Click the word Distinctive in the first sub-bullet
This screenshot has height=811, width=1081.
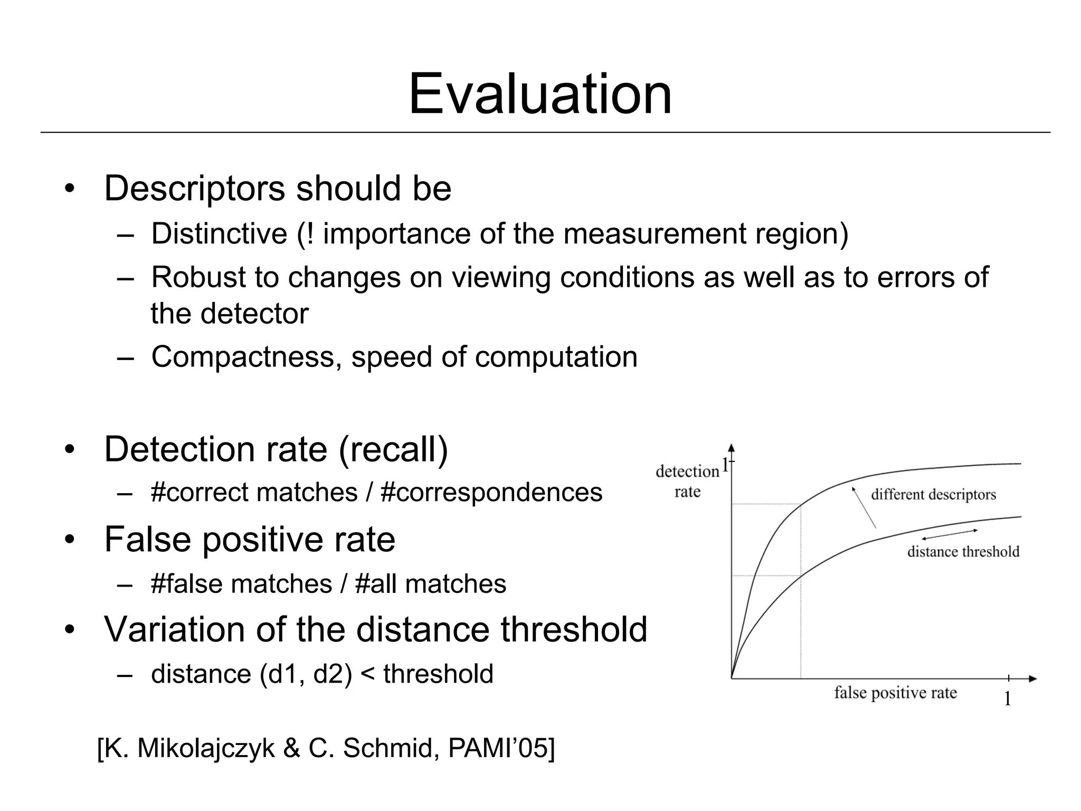(219, 233)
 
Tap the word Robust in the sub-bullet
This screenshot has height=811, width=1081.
(198, 277)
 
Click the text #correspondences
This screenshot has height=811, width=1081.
(491, 493)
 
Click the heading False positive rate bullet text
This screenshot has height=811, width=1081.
(250, 539)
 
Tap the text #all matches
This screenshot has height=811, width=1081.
(431, 584)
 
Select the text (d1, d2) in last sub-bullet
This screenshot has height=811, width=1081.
(306, 674)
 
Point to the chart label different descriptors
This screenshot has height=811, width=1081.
(933, 495)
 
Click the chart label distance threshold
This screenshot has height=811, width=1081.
(963, 552)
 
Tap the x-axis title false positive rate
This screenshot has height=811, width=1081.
(895, 693)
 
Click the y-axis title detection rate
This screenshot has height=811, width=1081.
(687, 481)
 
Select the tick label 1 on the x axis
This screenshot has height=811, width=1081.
(1007, 699)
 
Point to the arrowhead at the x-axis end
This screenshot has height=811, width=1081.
(1033, 678)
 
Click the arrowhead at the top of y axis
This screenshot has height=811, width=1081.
(731, 448)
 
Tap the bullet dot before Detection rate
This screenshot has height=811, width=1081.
(69, 450)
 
